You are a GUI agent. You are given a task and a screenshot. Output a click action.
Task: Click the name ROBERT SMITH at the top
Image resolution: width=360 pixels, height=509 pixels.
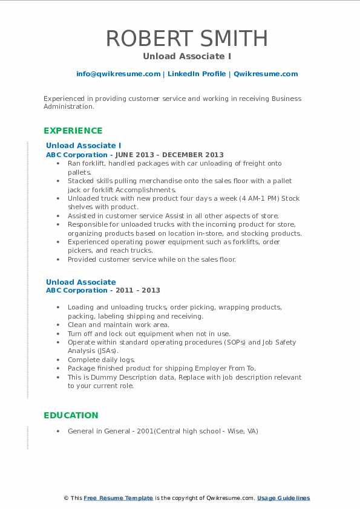pos(187,38)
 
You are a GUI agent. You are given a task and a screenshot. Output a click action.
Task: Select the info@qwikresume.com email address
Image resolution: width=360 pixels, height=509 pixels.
pos(118,74)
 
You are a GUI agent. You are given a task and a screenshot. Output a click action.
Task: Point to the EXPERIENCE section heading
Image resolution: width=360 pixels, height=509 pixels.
pos(73,131)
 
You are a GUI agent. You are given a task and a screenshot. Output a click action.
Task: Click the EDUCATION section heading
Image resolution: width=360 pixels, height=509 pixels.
pos(70,415)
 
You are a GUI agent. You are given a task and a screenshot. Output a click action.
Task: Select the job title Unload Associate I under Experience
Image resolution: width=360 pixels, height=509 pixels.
pos(83,146)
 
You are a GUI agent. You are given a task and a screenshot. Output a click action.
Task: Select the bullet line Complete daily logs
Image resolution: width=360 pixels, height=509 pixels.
pos(101,360)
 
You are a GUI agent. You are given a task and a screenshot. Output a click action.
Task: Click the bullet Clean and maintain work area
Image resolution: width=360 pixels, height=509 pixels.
pos(118,325)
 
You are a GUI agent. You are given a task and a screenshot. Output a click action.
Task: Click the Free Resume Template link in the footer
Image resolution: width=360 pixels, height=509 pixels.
pos(118,498)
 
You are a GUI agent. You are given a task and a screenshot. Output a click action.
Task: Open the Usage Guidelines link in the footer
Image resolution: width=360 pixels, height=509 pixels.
pos(283,498)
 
